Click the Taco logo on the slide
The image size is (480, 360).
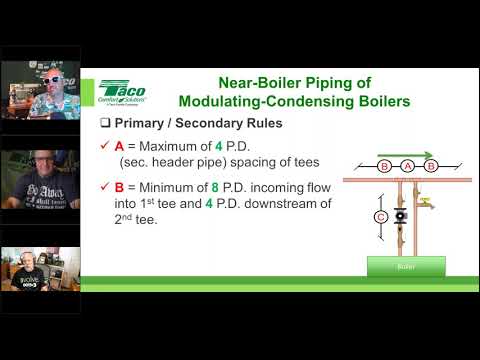click(x=119, y=92)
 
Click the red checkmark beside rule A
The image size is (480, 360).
click(x=105, y=145)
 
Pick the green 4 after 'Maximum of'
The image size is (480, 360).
click(x=218, y=145)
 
